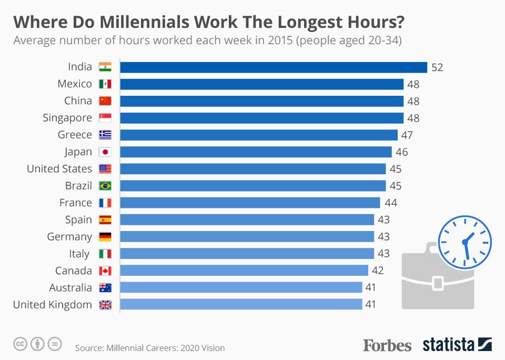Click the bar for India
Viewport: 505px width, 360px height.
pos(274,67)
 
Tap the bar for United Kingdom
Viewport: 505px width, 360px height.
pos(241,304)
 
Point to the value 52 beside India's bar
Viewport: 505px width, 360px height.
pos(438,67)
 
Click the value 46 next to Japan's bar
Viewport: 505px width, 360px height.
pos(402,152)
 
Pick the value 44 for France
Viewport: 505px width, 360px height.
pos(390,203)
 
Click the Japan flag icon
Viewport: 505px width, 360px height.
pos(105,152)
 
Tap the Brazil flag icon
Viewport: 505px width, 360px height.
pos(105,186)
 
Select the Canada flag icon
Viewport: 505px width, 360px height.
pos(105,271)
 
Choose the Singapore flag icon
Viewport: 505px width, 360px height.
pos(105,118)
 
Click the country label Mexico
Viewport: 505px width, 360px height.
pos(75,84)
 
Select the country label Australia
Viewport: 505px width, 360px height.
pos(70,288)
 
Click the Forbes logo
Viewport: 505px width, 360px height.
pos(387,345)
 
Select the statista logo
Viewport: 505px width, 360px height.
pos(457,345)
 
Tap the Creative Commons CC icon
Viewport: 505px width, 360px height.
pos(20,344)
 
